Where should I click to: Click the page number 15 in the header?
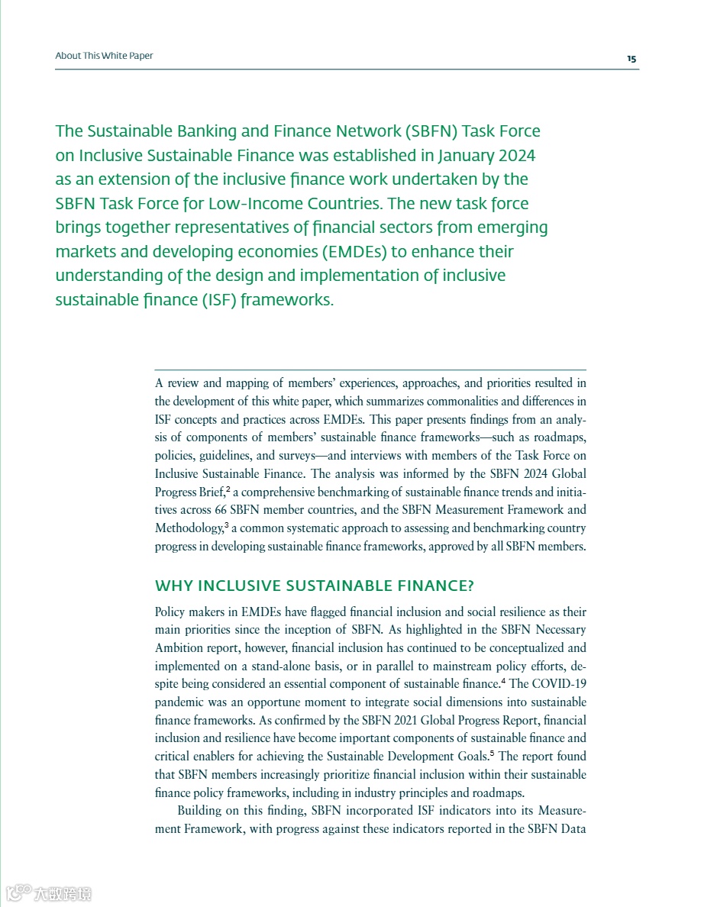[632, 59]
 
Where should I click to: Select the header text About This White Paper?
[104, 56]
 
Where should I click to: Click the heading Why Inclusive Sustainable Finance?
[315, 586]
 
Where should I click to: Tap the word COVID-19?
[559, 683]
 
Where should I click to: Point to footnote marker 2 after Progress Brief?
[228, 489]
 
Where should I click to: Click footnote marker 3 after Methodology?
[226, 525]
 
